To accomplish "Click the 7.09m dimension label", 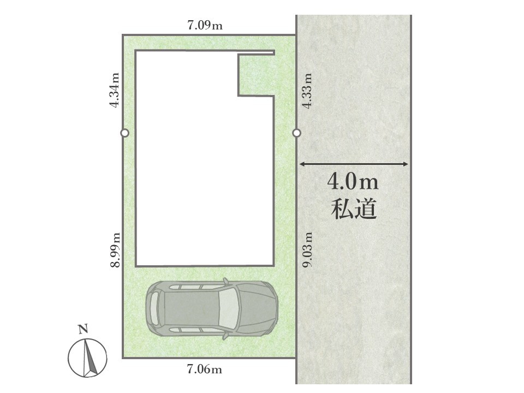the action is (205, 25).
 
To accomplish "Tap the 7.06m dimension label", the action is (205, 370).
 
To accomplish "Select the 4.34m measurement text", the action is (115, 90).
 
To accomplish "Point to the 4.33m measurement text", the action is (307, 91).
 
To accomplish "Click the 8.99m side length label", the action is (115, 250).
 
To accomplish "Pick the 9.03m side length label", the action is (307, 249).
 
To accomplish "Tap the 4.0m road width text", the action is (353, 182).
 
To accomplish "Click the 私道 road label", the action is (354, 209).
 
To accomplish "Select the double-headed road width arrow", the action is (354, 164).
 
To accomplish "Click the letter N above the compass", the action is (83, 329).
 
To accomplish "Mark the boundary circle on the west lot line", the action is (124, 133).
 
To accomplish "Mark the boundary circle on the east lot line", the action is (296, 133).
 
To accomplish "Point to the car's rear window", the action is (154, 307).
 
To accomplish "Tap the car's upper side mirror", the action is (226, 282).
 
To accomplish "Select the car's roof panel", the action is (192, 307).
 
